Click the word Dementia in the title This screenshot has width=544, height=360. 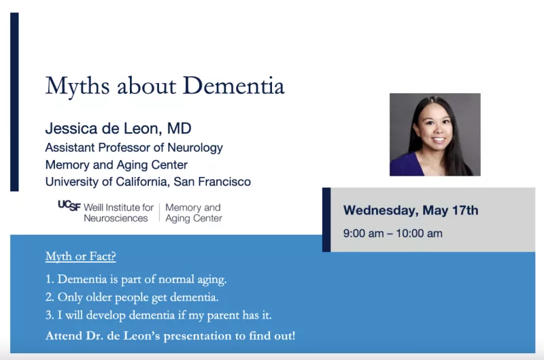coord(233,86)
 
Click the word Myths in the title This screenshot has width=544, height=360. coord(78,87)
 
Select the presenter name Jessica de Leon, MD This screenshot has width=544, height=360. coord(118,129)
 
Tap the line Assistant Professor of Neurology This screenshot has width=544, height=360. coord(134,148)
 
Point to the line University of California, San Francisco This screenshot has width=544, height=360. coord(148,182)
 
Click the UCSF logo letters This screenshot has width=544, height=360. coord(69,206)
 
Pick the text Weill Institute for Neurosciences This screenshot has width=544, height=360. coord(118,212)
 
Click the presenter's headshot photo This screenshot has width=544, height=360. coord(435,134)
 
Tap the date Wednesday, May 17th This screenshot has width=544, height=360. coord(411,210)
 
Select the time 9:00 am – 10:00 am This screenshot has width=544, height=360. coord(393,233)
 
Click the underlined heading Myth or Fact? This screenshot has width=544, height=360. coord(80,256)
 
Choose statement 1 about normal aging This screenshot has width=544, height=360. coord(136,280)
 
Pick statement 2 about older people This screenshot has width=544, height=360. coord(132,297)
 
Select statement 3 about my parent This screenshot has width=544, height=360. coord(158,315)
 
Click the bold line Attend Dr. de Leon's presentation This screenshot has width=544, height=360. coord(171,336)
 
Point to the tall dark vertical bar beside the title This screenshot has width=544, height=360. coord(14,101)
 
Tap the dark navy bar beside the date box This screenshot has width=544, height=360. coord(326,220)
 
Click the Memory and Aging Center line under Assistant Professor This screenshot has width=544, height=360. coord(116,165)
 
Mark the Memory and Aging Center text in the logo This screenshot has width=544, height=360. coord(194,212)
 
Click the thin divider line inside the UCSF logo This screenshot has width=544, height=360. coord(160,212)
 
